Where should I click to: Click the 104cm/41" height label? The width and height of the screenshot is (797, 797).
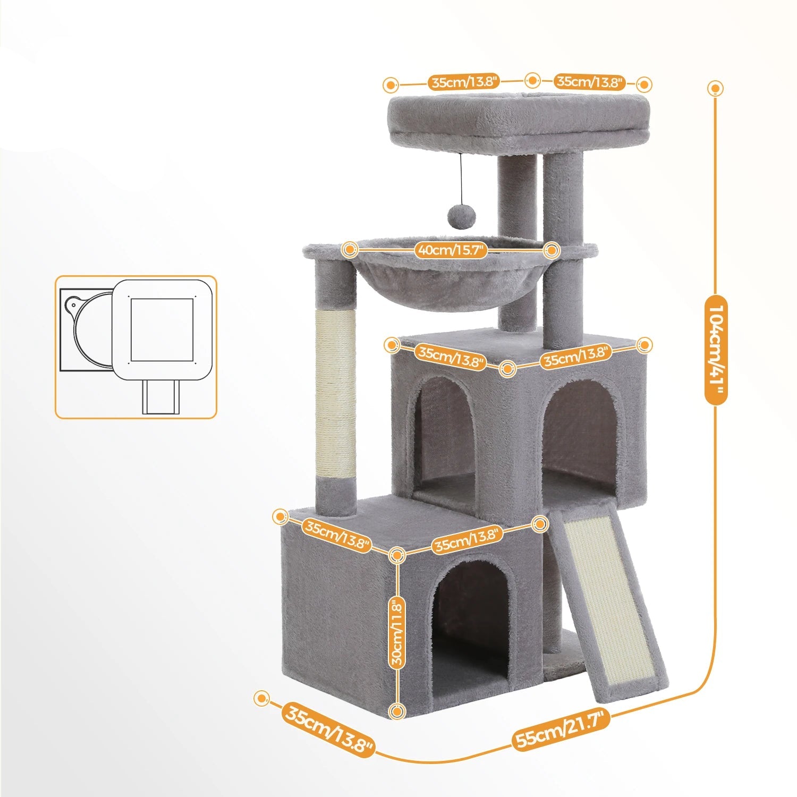tap(716, 350)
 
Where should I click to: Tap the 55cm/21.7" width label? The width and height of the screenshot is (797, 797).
tap(561, 730)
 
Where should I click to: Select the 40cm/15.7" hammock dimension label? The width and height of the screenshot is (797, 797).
tap(451, 250)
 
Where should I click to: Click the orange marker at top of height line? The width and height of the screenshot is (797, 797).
tap(716, 88)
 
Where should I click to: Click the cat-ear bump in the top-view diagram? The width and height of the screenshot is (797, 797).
tap(72, 306)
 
